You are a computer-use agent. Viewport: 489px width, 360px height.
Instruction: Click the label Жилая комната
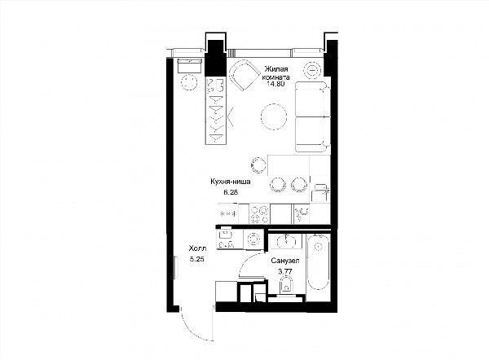277,73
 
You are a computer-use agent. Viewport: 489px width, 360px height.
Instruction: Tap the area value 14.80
275,84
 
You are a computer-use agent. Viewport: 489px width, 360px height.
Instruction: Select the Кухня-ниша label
231,182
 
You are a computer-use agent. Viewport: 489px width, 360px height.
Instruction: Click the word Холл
197,248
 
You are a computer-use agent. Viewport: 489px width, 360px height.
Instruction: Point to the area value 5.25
196,259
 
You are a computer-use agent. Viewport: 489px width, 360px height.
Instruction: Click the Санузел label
285,261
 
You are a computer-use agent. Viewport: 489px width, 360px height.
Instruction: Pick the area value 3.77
285,271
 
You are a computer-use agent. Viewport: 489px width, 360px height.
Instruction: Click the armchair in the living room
244,74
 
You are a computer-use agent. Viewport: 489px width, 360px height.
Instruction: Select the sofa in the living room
312,116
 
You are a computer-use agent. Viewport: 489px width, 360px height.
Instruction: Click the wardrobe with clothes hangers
216,110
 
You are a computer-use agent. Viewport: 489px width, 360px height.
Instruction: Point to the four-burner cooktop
259,214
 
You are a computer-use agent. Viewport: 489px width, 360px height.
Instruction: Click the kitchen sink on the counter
302,214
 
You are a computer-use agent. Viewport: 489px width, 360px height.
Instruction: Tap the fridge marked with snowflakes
228,214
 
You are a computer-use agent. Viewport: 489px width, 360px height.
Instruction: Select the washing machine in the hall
253,239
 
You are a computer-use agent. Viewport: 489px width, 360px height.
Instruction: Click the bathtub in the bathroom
318,261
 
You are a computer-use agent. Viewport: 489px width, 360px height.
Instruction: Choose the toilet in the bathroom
287,287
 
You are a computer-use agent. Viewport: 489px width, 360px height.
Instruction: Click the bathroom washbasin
286,241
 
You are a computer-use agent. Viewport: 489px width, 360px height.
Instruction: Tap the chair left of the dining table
258,165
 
